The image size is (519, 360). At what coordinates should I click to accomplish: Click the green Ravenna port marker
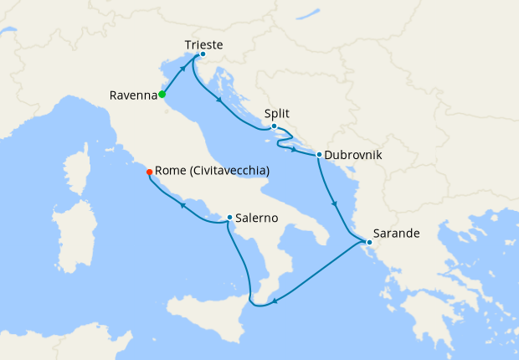click(x=162, y=95)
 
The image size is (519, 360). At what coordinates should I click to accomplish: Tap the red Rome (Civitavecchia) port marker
click(x=149, y=172)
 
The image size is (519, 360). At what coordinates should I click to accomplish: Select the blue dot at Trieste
click(x=203, y=54)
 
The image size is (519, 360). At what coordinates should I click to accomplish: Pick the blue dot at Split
click(x=274, y=126)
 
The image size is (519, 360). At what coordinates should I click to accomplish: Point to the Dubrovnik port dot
click(x=319, y=154)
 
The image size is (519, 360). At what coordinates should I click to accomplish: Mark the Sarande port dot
click(x=369, y=243)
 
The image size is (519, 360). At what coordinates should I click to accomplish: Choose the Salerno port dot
click(x=229, y=218)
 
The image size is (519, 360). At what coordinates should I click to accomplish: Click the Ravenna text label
click(x=133, y=95)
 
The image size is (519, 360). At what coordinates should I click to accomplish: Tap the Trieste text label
click(x=203, y=44)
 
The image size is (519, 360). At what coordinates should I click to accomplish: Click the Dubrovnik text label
click(x=353, y=155)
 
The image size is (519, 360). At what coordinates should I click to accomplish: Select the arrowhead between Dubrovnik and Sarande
click(x=335, y=203)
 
